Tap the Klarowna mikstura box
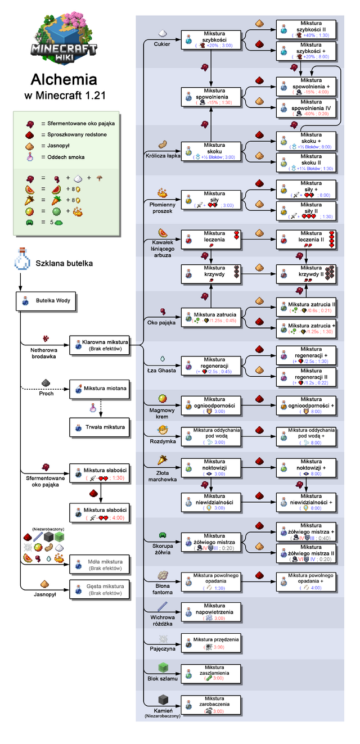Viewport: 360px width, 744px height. (x=100, y=345)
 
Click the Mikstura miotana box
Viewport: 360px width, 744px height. (x=100, y=389)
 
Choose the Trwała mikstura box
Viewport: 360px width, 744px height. (x=100, y=427)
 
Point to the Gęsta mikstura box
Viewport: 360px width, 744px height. (x=100, y=589)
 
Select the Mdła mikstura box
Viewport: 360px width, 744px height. (x=100, y=563)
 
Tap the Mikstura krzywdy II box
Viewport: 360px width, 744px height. (x=307, y=274)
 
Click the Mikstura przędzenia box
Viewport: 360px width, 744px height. (x=211, y=643)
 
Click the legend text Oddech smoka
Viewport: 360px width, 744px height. (x=70, y=157)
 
